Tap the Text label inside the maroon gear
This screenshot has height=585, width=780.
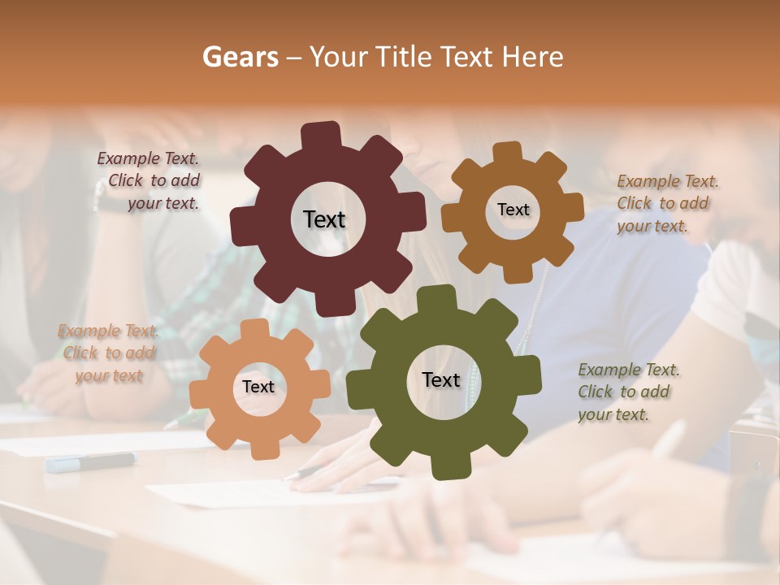coord(324,219)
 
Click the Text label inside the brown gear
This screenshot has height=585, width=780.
coord(513,210)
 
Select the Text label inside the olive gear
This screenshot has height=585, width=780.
coord(441,379)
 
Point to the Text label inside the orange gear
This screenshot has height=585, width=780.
coord(258,387)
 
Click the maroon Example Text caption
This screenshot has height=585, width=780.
coord(150,181)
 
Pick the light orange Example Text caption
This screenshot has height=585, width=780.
coord(108,353)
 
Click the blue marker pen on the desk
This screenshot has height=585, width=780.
coord(90,461)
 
